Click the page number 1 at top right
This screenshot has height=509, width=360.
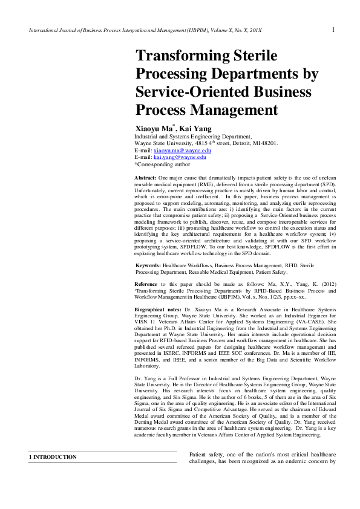[x=333, y=30]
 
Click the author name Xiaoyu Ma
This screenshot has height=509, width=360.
[x=154, y=129]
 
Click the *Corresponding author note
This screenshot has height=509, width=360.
[x=162, y=164]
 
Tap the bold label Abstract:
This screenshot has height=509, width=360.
[x=146, y=177]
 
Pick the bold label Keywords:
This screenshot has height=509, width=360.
[x=148, y=265]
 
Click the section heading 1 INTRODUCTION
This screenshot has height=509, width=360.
[x=53, y=457]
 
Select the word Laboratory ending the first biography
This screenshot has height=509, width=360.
[x=147, y=366]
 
